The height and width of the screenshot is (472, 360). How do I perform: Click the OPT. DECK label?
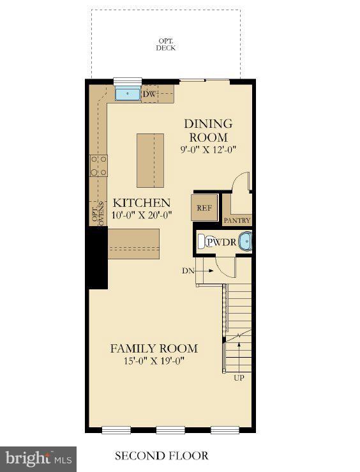pos(166,44)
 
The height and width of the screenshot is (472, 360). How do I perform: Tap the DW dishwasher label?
pos(149,95)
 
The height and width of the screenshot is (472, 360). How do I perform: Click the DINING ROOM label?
pos(208,130)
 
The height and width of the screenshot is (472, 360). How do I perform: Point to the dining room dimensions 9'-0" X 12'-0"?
pos(208,151)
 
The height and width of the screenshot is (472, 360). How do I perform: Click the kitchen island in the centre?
pos(150,160)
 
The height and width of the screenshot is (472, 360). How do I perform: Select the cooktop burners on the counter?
pos(98,166)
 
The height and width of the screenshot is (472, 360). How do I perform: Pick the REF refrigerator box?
pos(204,208)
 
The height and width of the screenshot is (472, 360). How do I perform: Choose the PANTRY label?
pos(237,220)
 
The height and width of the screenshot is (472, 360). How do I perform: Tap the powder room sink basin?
pos(244,242)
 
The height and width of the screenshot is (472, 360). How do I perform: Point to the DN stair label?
pos(188,271)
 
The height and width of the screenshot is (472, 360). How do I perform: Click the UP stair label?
pos(239,377)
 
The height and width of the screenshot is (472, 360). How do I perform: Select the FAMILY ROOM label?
pos(154,349)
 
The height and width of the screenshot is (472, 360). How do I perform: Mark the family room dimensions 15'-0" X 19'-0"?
pos(154,361)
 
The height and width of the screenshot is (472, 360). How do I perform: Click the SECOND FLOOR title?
pos(161,456)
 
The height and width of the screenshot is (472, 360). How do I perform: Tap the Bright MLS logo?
pos(38,459)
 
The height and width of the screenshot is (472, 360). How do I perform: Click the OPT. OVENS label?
pos(98,214)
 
